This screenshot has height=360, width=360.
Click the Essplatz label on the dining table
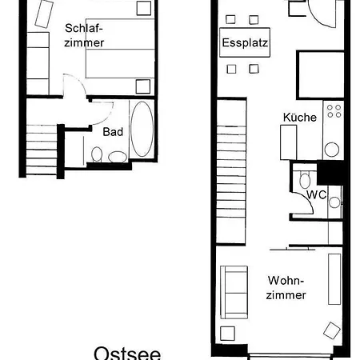pyautogui.click(x=245, y=42)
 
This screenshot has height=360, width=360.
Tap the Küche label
pyautogui.click(x=300, y=118)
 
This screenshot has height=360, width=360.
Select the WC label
pyautogui.click(x=316, y=195)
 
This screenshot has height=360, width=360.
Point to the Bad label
pyautogui.click(x=113, y=132)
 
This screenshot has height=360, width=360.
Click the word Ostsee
pyautogui.click(x=127, y=354)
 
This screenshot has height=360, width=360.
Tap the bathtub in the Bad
pyautogui.click(x=142, y=129)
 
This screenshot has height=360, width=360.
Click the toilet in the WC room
pyautogui.click(x=305, y=180)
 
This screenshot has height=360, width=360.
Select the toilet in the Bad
pyautogui.click(x=97, y=154)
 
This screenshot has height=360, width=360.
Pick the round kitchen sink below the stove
pyautogui.click(x=332, y=150)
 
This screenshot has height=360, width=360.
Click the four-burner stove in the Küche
pyautogui.click(x=334, y=111)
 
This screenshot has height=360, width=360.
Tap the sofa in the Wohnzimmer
pyautogui.click(x=234, y=292)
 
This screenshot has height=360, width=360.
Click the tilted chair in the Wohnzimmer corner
pyautogui.click(x=332, y=330)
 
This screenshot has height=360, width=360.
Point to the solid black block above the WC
pyautogui.click(x=330, y=173)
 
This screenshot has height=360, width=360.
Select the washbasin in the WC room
pyautogui.click(x=334, y=202)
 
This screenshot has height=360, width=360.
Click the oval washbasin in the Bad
pyautogui.click(x=118, y=157)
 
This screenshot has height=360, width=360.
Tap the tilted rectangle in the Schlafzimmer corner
pyautogui.click(x=44, y=14)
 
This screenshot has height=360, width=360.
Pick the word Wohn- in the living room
pyautogui.click(x=286, y=281)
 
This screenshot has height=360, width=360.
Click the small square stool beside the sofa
pyautogui.click(x=227, y=334)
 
